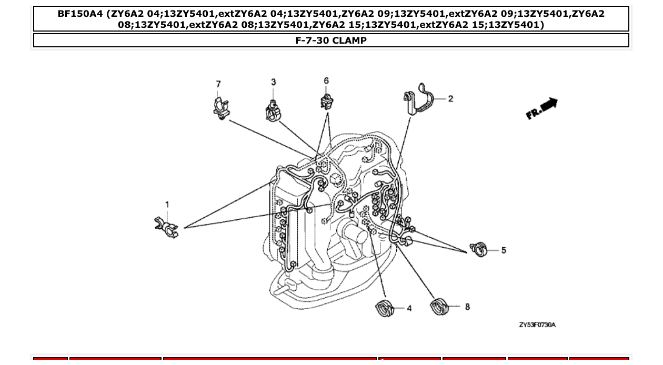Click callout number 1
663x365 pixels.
[x=167, y=205]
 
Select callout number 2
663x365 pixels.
[x=450, y=99]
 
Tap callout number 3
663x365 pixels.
[x=274, y=82]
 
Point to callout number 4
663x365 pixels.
[x=409, y=309]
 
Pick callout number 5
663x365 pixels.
[x=504, y=250]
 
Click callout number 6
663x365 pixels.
[x=326, y=80]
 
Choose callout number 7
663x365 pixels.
[x=218, y=84]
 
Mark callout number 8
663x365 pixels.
[x=467, y=307]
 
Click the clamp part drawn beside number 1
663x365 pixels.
[x=167, y=227]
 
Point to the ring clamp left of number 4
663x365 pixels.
[x=384, y=308]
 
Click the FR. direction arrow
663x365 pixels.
[x=541, y=108]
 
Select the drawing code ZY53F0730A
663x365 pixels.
[x=537, y=325]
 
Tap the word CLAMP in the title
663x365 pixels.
[x=349, y=40]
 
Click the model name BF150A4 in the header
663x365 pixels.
[x=80, y=14]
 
